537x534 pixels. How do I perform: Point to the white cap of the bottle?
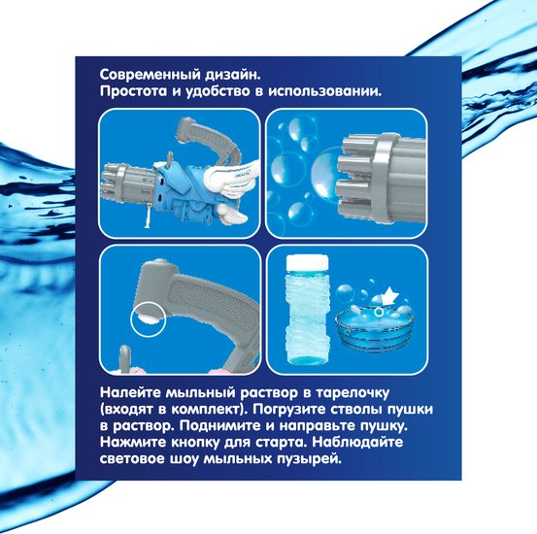(307, 262)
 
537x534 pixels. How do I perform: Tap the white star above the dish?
(389, 295)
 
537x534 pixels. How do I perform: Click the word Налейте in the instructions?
(130, 392)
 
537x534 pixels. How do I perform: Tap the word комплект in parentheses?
(206, 410)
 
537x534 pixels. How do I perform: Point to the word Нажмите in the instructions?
(133, 442)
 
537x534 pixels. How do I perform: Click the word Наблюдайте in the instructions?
(357, 443)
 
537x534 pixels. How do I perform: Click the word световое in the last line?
(132, 458)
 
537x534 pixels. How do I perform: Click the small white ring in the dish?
(379, 312)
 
